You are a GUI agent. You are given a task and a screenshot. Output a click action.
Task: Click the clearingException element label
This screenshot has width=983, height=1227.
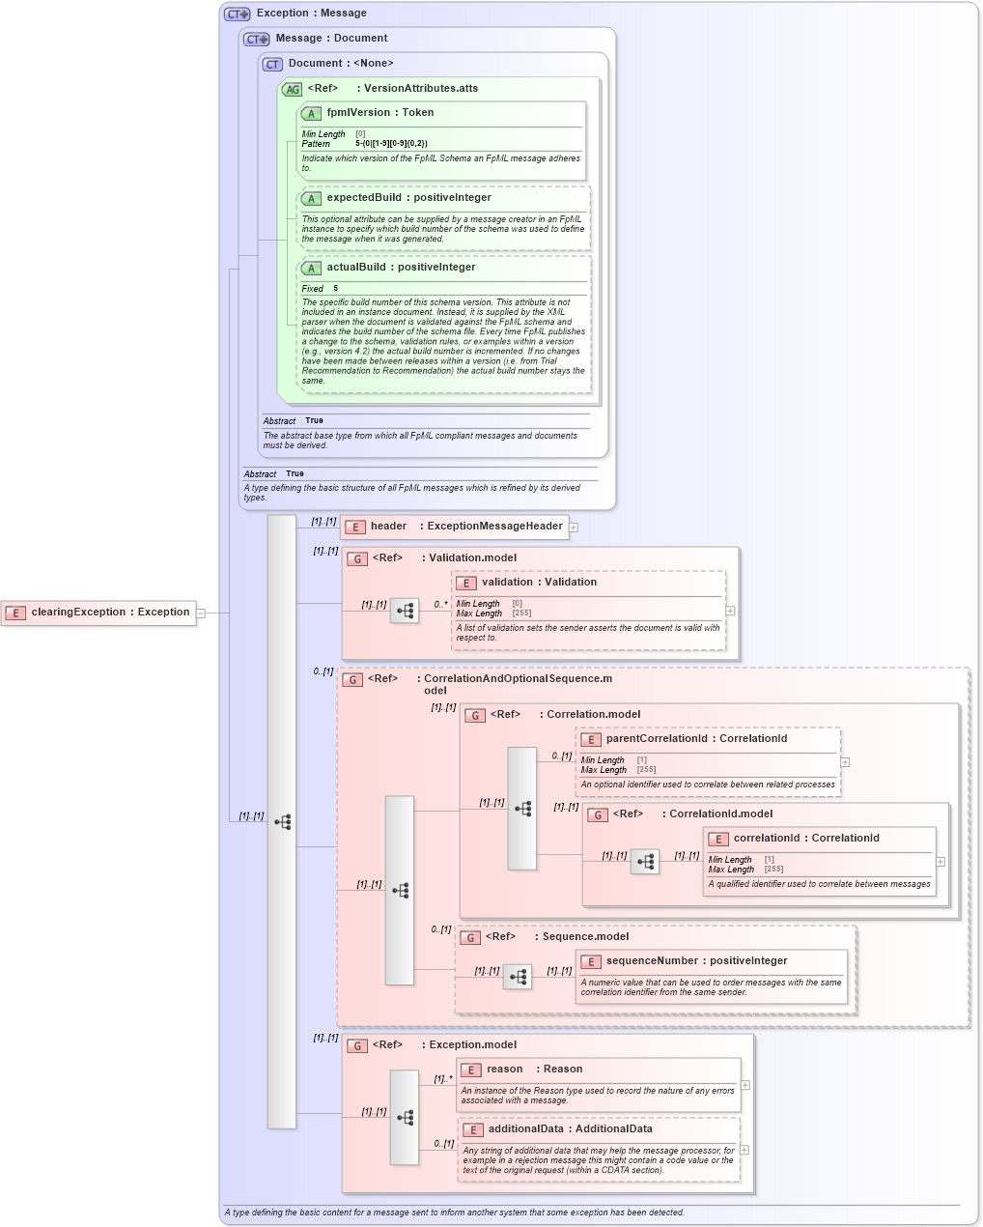click(109, 613)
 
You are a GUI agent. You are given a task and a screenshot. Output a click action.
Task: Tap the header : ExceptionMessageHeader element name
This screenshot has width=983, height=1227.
click(465, 527)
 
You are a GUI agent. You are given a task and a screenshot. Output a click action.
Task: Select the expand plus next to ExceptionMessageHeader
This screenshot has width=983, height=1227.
click(574, 528)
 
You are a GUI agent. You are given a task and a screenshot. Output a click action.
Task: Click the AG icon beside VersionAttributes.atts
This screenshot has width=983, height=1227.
click(292, 89)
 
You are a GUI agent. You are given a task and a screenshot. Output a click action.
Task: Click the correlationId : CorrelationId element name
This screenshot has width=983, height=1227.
click(805, 839)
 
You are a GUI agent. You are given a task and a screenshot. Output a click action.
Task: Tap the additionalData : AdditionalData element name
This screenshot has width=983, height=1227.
click(556, 1129)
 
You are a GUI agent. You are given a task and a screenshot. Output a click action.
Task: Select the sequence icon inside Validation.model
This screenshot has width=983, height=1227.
click(405, 611)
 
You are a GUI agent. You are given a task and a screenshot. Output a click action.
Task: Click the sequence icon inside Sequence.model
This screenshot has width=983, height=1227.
click(518, 977)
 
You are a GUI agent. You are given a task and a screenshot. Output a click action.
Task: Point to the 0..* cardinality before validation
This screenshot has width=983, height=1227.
click(440, 605)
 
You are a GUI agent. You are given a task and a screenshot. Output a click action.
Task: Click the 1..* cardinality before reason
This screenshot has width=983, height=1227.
click(442, 1079)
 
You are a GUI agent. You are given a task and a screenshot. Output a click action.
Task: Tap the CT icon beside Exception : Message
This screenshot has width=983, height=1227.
click(237, 14)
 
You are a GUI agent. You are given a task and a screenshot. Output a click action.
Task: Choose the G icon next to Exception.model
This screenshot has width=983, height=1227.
click(357, 1045)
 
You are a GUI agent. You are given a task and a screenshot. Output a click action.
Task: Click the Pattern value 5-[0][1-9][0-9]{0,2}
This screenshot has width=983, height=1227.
click(391, 144)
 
